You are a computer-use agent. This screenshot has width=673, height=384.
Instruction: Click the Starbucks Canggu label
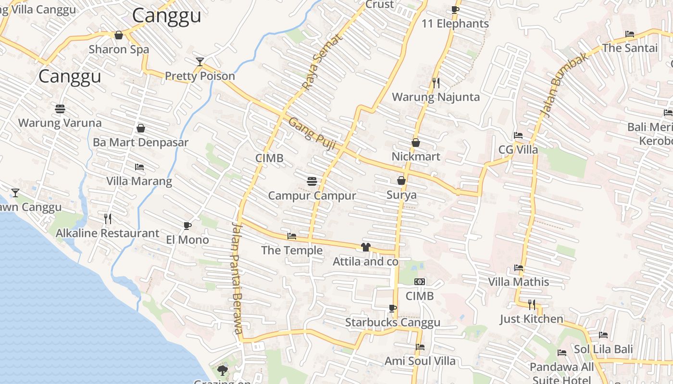coord(392,323)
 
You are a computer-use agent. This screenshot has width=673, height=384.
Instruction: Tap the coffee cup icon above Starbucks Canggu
coord(393,308)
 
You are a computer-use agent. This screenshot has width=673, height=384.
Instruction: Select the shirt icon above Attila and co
coord(365,247)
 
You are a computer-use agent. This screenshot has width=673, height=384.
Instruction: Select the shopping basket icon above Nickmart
coord(416,143)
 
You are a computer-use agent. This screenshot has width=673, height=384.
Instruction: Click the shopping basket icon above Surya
coord(401,180)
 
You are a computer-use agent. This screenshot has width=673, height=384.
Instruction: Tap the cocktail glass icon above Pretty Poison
coord(200,61)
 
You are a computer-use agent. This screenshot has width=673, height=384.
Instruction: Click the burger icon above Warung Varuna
coord(60,109)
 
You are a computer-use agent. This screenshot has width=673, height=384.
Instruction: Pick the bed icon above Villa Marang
coord(139,167)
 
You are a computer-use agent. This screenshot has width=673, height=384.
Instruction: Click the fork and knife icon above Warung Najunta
coord(436,83)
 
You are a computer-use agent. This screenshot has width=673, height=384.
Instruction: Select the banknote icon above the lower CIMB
coord(420,282)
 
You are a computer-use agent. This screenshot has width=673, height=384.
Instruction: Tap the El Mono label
coord(187,240)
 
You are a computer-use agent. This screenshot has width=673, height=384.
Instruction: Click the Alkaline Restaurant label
coord(107,233)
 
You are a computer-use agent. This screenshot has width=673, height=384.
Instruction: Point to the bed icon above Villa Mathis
coord(518,268)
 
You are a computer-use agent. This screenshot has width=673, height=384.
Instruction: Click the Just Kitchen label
coord(531,319)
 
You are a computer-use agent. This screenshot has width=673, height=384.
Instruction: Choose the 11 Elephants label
coord(455,24)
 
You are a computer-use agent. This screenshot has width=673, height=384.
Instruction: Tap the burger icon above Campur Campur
coord(312,181)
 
